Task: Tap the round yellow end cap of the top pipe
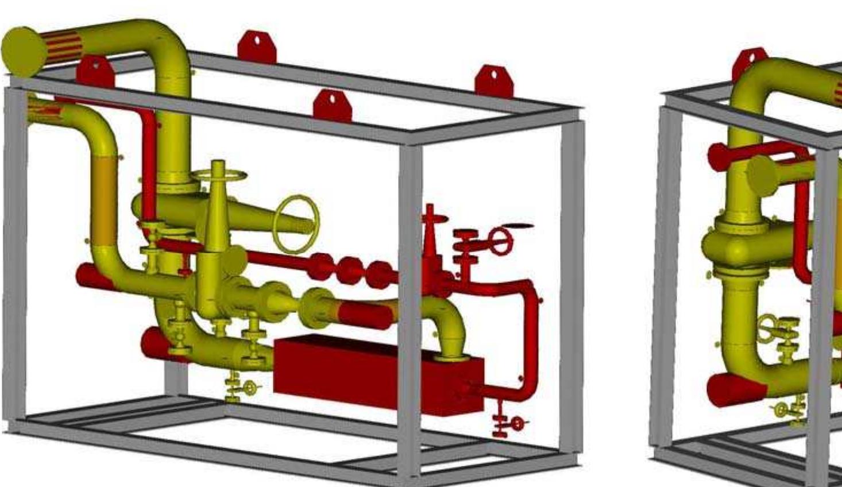[24, 52]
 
